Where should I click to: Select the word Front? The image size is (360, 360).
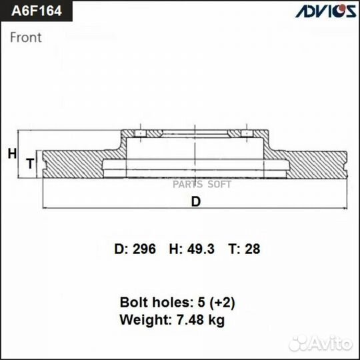tap(25, 37)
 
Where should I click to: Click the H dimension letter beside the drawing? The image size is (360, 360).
tap(11, 154)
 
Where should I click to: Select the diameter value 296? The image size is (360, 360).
tap(143, 249)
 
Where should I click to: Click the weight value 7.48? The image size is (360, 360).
tap(191, 320)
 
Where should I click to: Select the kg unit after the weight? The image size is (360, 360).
tap(217, 321)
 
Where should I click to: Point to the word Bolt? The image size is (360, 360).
tap(133, 302)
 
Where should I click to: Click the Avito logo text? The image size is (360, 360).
tap(327, 343)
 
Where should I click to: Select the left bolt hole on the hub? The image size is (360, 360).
tap(141, 135)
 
